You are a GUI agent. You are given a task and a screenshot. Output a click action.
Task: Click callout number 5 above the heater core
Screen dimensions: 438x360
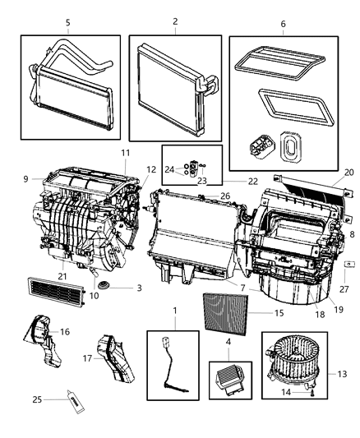[67, 23]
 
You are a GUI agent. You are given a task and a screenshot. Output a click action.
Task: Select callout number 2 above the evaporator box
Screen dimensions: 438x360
[174, 23]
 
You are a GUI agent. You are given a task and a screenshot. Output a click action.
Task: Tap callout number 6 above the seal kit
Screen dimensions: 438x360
[284, 25]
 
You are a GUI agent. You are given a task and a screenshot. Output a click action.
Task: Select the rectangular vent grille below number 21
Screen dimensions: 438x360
[59, 290]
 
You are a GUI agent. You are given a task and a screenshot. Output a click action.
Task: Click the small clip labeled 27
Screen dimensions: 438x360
[348, 264]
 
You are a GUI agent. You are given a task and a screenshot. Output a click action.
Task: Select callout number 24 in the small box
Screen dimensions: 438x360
[168, 169]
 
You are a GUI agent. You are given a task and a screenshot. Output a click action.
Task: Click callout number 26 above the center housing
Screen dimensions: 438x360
[224, 196]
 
